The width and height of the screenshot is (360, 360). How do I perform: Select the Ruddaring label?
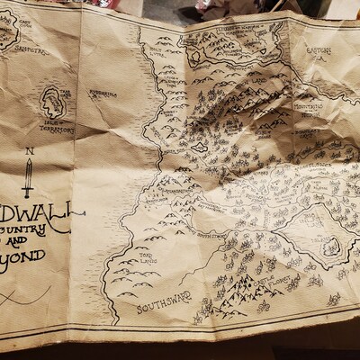[102, 93]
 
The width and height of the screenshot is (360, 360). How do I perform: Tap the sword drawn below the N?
[28, 178]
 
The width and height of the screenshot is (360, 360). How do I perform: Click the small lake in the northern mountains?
[199, 147]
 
